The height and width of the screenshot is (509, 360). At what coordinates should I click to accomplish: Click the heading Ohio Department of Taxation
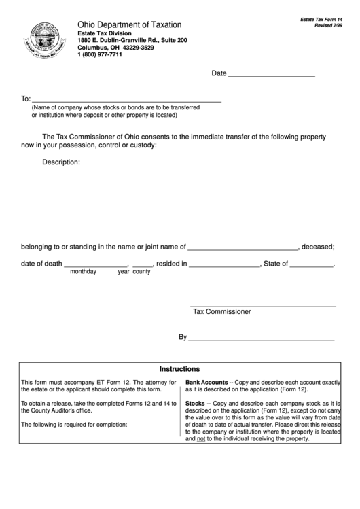(x=129, y=24)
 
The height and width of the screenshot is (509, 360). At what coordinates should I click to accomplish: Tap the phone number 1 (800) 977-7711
(x=100, y=55)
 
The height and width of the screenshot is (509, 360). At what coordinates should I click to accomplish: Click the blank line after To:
(x=126, y=100)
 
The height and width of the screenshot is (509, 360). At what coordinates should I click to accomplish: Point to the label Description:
(x=61, y=162)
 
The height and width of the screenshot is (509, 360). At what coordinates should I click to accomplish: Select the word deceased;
(x=318, y=247)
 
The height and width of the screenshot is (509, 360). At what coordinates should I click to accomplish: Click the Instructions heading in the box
(x=179, y=369)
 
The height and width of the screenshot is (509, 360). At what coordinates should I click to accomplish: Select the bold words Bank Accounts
(x=206, y=383)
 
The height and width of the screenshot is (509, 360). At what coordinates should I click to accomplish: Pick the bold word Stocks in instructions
(x=196, y=403)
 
